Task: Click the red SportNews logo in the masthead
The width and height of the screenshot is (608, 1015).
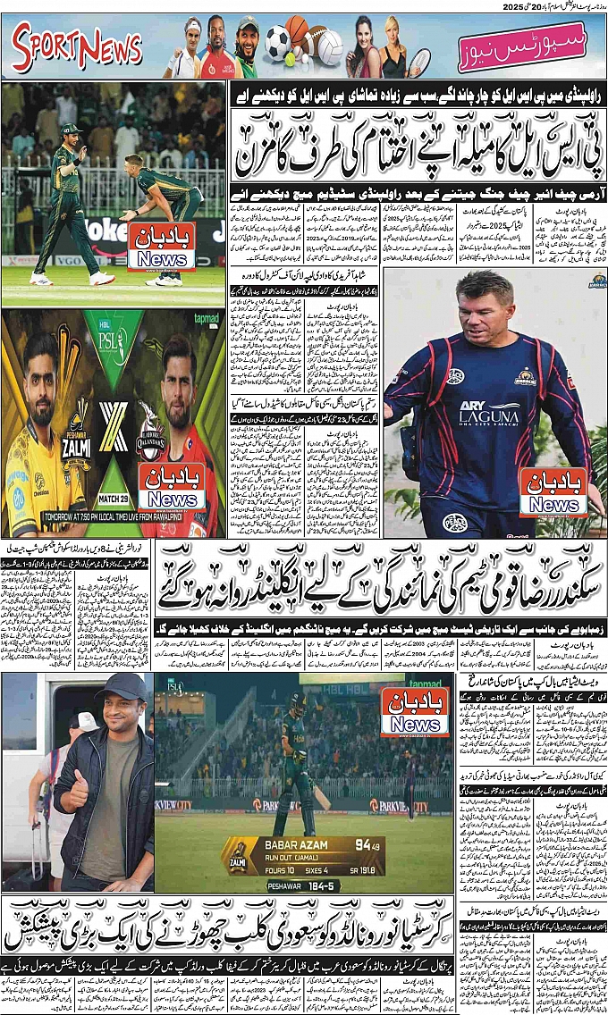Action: click(77, 47)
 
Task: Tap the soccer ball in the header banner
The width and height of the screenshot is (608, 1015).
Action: click(277, 42)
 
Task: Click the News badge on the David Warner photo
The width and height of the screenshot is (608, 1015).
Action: click(553, 492)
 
